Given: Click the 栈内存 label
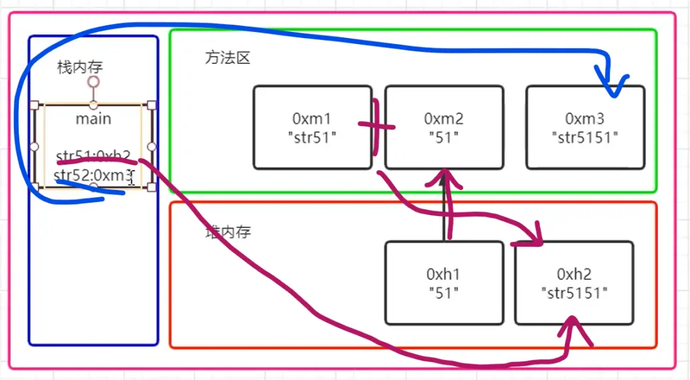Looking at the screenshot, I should pyautogui.click(x=80, y=67).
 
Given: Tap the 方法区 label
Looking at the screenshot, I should pyautogui.click(x=227, y=58).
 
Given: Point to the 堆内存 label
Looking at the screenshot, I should pyautogui.click(x=228, y=233).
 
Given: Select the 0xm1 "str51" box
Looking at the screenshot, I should pyautogui.click(x=312, y=127).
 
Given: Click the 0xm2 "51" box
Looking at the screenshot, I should pyautogui.click(x=444, y=127).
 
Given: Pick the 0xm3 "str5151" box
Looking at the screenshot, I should pyautogui.click(x=585, y=127).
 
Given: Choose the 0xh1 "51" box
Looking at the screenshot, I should pyautogui.click(x=444, y=283).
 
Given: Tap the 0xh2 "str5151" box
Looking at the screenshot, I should pyautogui.click(x=574, y=283).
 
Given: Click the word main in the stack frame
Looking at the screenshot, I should pyautogui.click(x=93, y=119).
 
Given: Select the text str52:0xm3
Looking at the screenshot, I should pyautogui.click(x=93, y=176).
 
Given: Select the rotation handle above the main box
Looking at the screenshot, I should pyautogui.click(x=94, y=82).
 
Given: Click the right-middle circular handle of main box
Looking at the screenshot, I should pyautogui.click(x=151, y=147).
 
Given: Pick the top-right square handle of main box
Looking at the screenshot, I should pyautogui.click(x=151, y=105).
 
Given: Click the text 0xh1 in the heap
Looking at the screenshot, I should pyautogui.click(x=444, y=273).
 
